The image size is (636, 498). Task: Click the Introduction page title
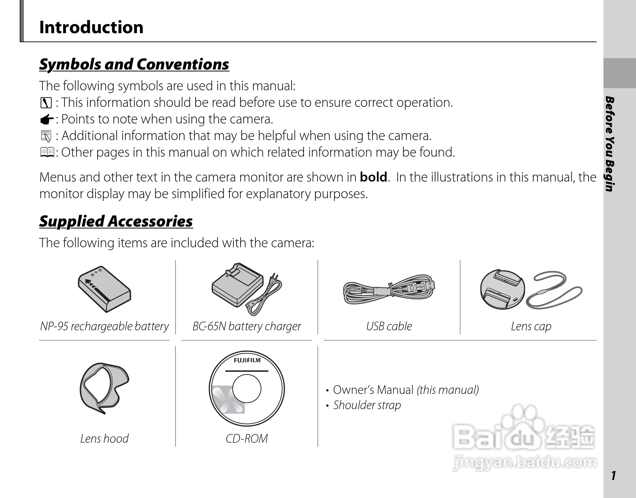click(91, 27)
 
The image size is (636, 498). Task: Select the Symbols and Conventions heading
click(134, 64)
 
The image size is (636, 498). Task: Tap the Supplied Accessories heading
click(116, 221)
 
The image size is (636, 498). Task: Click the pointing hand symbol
click(46, 120)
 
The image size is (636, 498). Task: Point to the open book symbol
click(47, 152)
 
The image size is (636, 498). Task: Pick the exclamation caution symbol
click(46, 103)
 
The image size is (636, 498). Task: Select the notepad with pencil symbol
click(46, 136)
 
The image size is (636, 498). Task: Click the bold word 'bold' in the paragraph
click(373, 177)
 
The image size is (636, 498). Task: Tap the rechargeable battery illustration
click(104, 290)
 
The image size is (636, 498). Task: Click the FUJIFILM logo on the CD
click(247, 360)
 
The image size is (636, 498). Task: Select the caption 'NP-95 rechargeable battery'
click(104, 326)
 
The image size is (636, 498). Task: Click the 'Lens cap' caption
click(531, 326)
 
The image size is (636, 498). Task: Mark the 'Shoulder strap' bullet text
click(367, 405)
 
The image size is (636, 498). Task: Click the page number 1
click(613, 476)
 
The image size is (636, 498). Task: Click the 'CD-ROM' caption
click(247, 439)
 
